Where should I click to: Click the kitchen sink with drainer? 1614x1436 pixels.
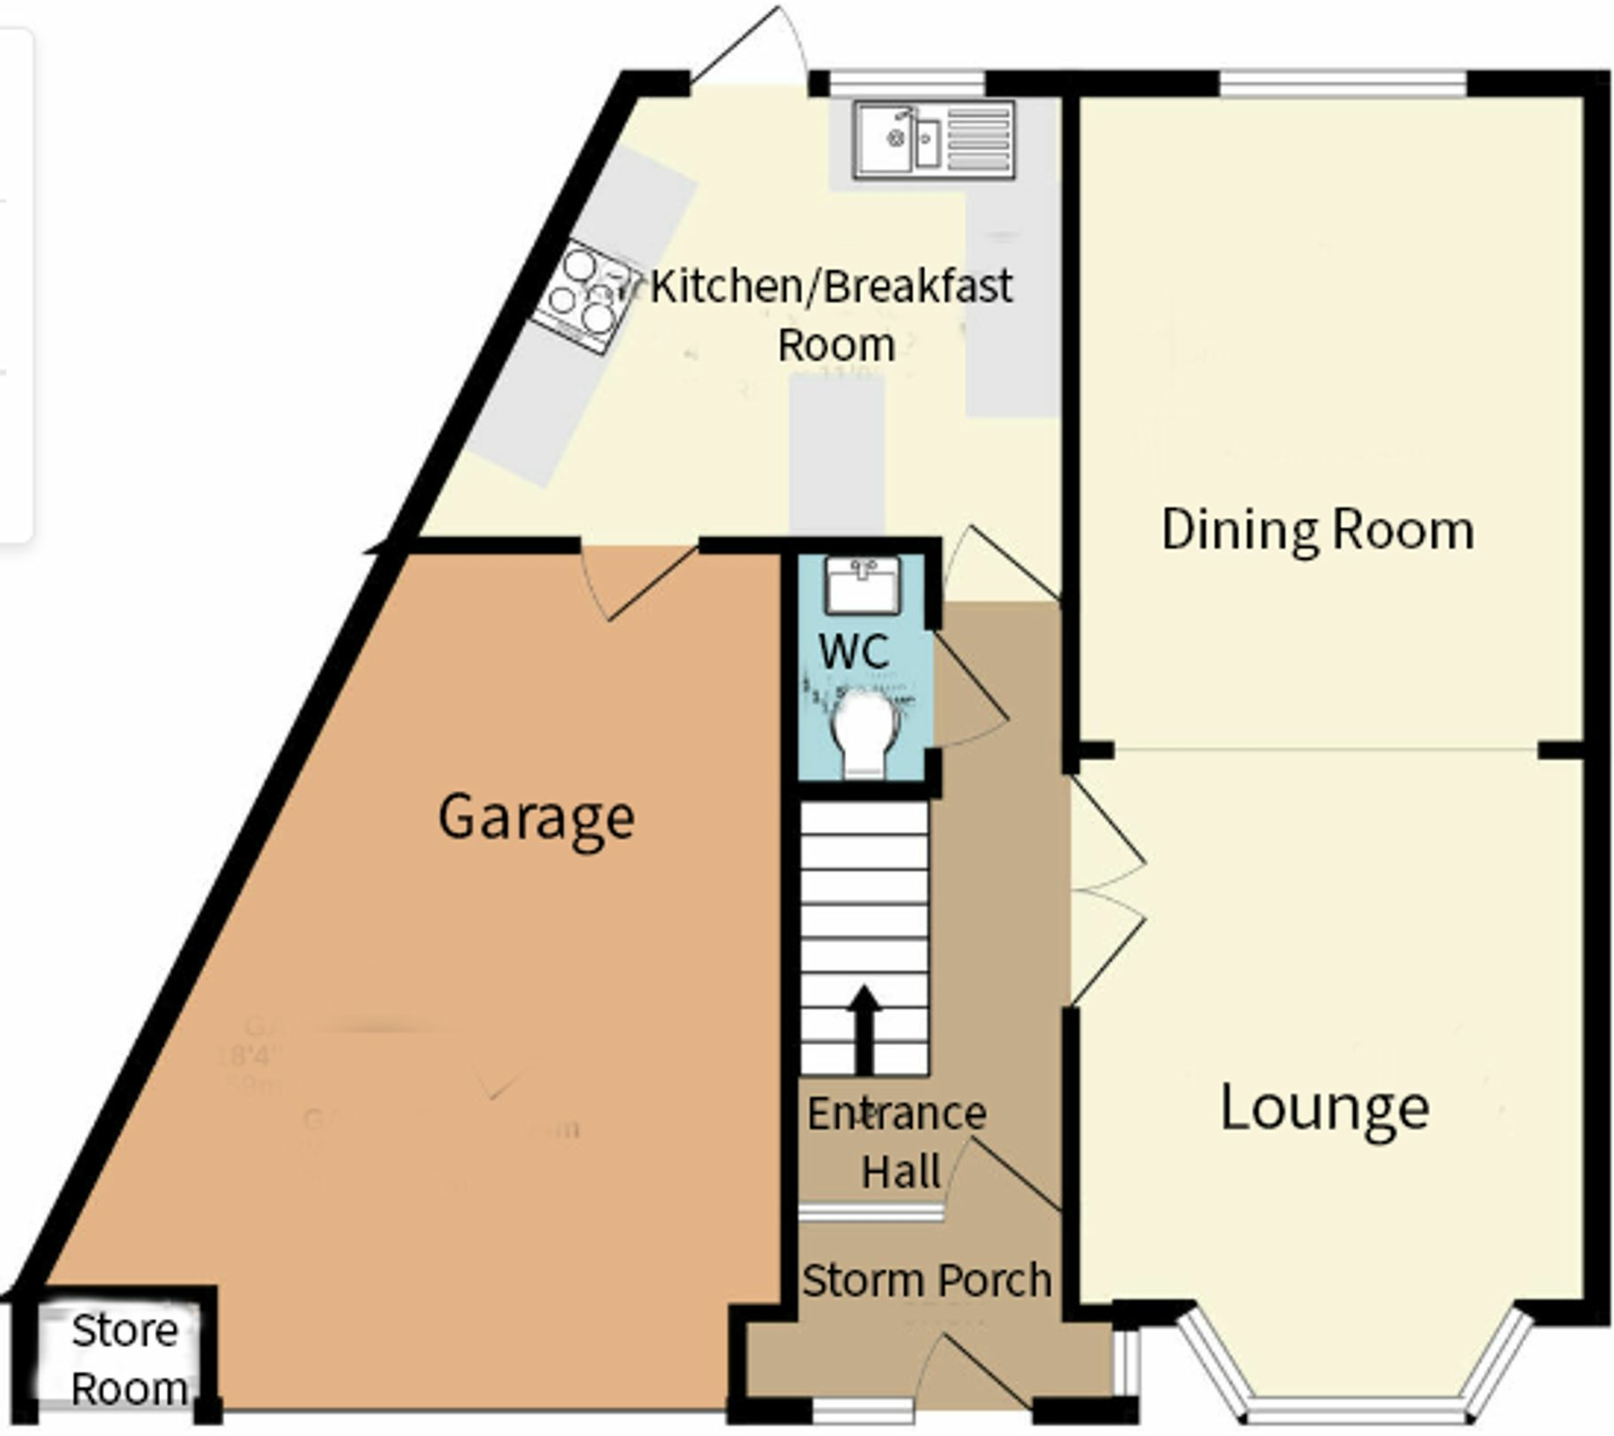click(x=933, y=140)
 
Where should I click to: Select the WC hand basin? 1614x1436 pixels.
click(x=861, y=584)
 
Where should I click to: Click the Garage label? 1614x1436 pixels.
click(x=536, y=818)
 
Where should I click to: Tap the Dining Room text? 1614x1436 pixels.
click(x=1317, y=531)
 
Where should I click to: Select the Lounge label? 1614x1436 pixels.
click(x=1324, y=1108)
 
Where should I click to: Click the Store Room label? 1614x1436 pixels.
click(x=127, y=1360)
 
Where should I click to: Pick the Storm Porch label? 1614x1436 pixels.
click(x=926, y=1280)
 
